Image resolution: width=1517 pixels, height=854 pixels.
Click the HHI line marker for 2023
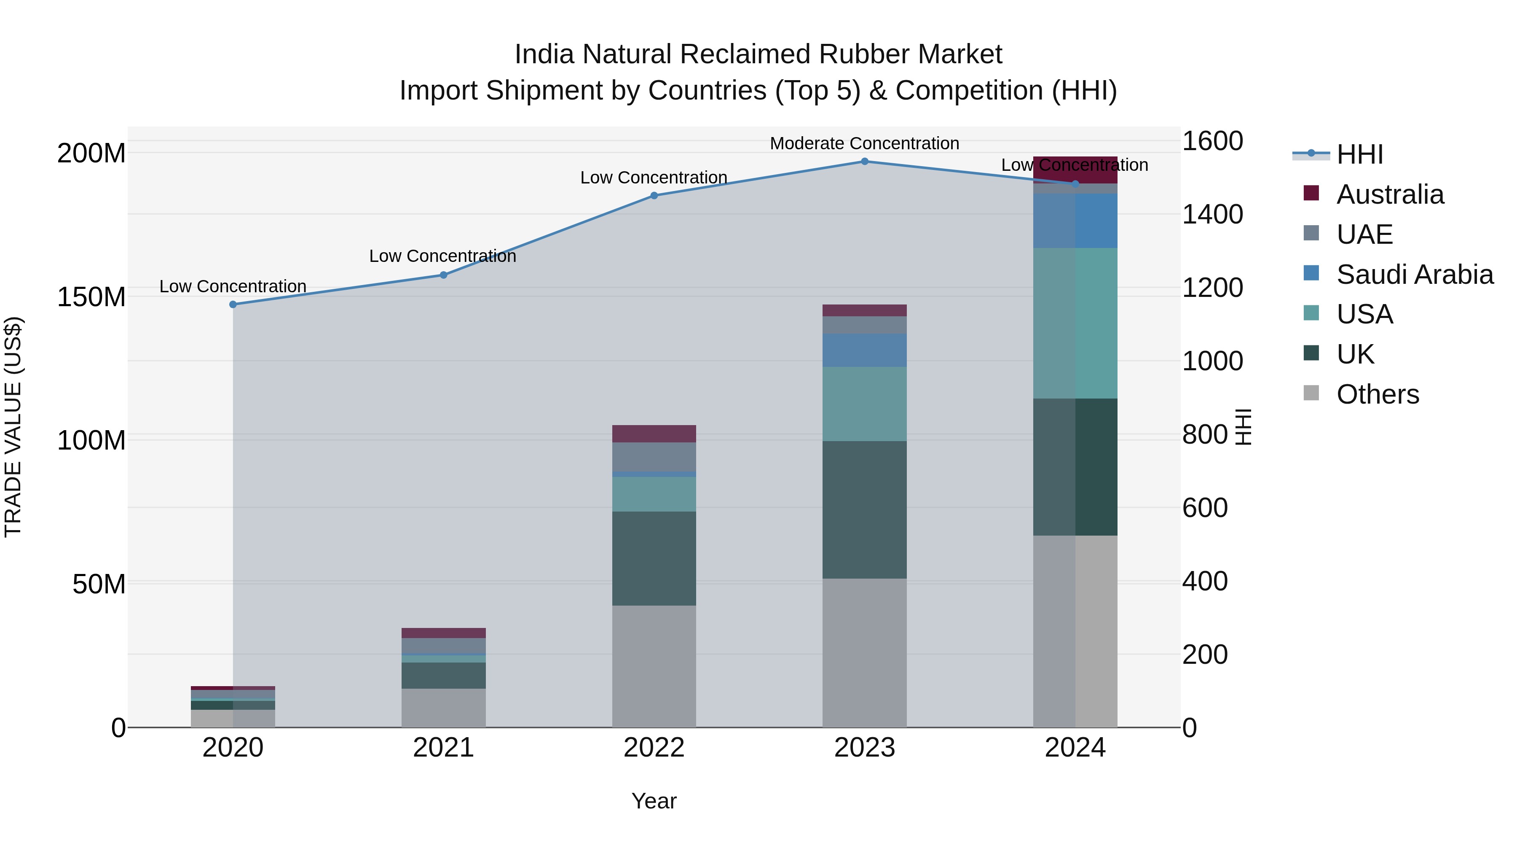865,161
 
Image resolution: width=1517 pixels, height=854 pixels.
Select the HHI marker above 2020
233,304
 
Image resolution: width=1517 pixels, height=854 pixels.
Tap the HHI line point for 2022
654,195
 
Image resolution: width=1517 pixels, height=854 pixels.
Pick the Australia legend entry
1389,194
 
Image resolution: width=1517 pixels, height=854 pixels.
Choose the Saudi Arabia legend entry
1414,275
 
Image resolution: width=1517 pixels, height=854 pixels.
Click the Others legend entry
1377,394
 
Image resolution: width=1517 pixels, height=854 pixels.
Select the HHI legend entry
1359,154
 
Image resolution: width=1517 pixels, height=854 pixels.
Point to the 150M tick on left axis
91,296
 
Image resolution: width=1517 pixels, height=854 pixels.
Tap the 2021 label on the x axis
443,748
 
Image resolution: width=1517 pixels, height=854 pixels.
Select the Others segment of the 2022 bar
654,666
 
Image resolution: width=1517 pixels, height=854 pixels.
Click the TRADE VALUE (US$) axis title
13,427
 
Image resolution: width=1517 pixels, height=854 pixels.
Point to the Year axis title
654,801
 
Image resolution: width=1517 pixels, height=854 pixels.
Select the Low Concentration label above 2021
442,256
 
